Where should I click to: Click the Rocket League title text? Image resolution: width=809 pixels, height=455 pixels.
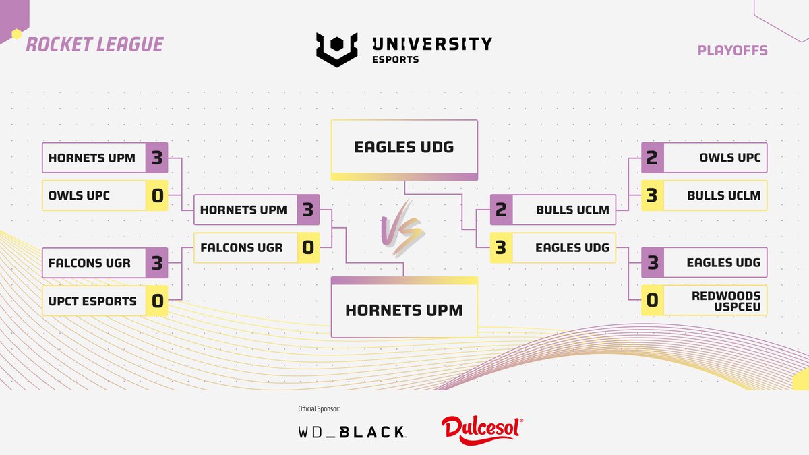pyautogui.click(x=94, y=44)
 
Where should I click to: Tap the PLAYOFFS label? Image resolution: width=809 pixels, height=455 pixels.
pyautogui.click(x=733, y=51)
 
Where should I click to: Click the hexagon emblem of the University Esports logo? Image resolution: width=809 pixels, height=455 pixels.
pyautogui.click(x=336, y=50)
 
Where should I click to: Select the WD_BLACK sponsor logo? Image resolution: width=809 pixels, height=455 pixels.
pyautogui.click(x=351, y=432)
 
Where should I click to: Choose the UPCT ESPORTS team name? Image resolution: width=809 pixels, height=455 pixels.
pyautogui.click(x=92, y=301)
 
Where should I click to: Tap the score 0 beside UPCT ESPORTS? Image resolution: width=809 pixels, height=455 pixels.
pyautogui.click(x=157, y=301)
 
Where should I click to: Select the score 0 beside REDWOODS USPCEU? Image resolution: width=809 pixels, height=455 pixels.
pyautogui.click(x=652, y=301)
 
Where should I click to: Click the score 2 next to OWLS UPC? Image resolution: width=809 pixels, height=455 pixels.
pyautogui.click(x=652, y=158)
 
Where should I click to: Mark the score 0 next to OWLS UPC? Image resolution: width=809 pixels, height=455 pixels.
pyautogui.click(x=157, y=195)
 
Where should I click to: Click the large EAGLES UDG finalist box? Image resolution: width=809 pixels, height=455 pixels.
pyautogui.click(x=404, y=147)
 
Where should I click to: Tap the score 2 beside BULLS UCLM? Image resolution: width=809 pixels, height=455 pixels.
pyautogui.click(x=501, y=210)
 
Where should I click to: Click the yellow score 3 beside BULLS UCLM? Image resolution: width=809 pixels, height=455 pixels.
pyautogui.click(x=652, y=195)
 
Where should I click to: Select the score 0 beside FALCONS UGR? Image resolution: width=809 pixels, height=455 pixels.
pyautogui.click(x=307, y=248)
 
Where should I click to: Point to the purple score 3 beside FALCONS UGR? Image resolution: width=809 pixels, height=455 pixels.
pyautogui.click(x=157, y=263)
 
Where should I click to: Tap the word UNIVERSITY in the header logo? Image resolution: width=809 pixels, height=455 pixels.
pyautogui.click(x=431, y=44)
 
